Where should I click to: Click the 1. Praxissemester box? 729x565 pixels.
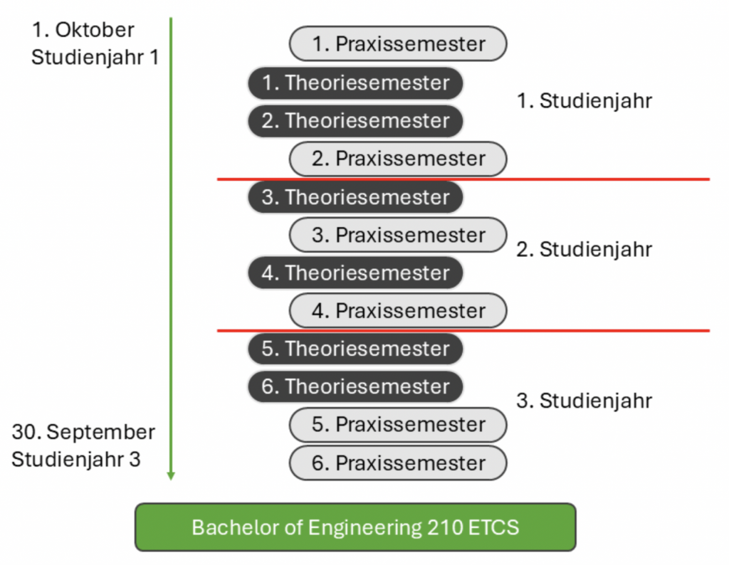tap(397, 44)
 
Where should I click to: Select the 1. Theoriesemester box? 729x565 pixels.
tap(355, 83)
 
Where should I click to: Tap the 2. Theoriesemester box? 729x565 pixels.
tap(355, 121)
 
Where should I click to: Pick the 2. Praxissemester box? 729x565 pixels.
tap(397, 159)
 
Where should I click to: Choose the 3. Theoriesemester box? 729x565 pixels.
tap(355, 197)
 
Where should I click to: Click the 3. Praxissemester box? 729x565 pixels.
tap(397, 235)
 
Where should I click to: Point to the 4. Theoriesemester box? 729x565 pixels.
tap(355, 273)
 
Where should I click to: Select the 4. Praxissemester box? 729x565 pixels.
tap(397, 311)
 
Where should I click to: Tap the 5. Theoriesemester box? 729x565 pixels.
tap(355, 349)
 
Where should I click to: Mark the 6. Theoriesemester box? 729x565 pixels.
tap(355, 387)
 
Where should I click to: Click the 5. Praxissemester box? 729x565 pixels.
tap(397, 425)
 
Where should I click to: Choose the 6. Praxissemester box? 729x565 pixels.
tap(397, 463)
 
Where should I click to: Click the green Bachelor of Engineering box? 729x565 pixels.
tap(355, 527)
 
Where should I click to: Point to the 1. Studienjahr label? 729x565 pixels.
tap(584, 101)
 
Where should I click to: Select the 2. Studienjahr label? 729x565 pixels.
tap(584, 250)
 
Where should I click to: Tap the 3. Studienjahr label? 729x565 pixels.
tap(584, 401)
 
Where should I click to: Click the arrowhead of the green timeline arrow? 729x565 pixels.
tap(171, 475)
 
